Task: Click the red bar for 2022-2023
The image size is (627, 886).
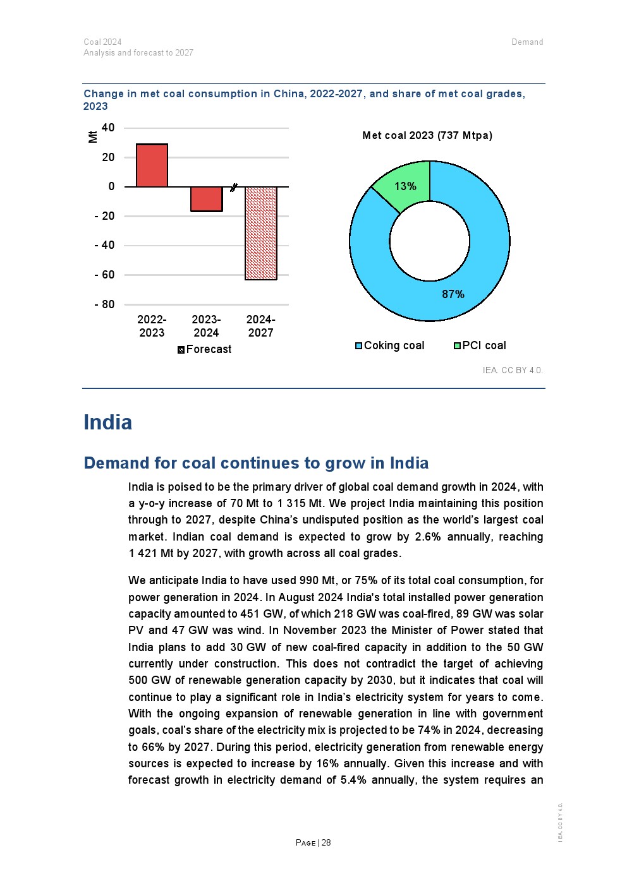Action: [x=152, y=165]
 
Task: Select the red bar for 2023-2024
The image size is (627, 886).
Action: [x=207, y=199]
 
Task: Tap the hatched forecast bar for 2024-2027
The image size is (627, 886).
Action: [x=261, y=233]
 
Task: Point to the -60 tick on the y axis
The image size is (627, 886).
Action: [x=105, y=275]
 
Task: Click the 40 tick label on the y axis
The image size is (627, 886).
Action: [x=108, y=128]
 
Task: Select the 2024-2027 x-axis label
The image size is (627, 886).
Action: [x=260, y=326]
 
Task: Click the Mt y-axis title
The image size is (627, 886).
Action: [x=93, y=136]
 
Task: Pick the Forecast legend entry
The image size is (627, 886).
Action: [x=205, y=349]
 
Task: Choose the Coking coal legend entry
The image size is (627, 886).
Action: [x=390, y=345]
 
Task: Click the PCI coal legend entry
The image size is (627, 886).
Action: [x=480, y=345]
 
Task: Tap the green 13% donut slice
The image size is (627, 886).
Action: [x=403, y=184]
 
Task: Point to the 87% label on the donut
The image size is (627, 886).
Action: [x=453, y=294]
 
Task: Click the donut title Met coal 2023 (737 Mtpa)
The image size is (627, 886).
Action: [x=427, y=135]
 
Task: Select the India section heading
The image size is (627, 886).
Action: [x=108, y=422]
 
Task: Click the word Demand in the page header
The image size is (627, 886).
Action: [x=527, y=42]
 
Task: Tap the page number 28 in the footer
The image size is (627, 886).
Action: [x=326, y=842]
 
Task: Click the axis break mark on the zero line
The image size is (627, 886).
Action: [x=234, y=188]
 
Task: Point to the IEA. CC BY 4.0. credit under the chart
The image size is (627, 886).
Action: [x=513, y=370]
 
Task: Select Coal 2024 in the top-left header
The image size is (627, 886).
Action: [x=102, y=42]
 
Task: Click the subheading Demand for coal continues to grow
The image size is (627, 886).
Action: [x=256, y=463]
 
